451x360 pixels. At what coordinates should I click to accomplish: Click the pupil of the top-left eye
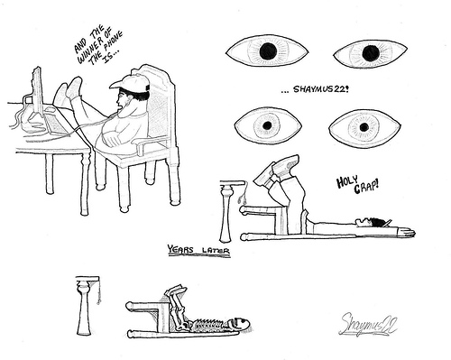pyautogui.click(x=268, y=51)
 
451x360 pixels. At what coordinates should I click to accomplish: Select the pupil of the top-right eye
pyautogui.click(x=371, y=52)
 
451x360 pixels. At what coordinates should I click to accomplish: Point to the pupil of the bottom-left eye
pyautogui.click(x=267, y=125)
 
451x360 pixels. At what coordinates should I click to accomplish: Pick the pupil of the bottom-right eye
pyautogui.click(x=364, y=127)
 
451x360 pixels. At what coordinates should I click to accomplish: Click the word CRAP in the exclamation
pyautogui.click(x=366, y=187)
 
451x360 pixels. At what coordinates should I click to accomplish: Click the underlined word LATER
pyautogui.click(x=216, y=250)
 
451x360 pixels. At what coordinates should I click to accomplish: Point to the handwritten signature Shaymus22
pyautogui.click(x=368, y=325)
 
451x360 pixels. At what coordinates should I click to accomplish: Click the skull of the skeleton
pyautogui.click(x=241, y=324)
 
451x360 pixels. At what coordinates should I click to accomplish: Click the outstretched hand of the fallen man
pyautogui.click(x=407, y=232)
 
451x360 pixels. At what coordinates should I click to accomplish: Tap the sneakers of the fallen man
pyautogui.click(x=276, y=169)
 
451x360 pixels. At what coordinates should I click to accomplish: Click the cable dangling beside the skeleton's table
pyautogui.click(x=99, y=291)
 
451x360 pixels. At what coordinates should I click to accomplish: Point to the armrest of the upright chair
pyautogui.click(x=150, y=143)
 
